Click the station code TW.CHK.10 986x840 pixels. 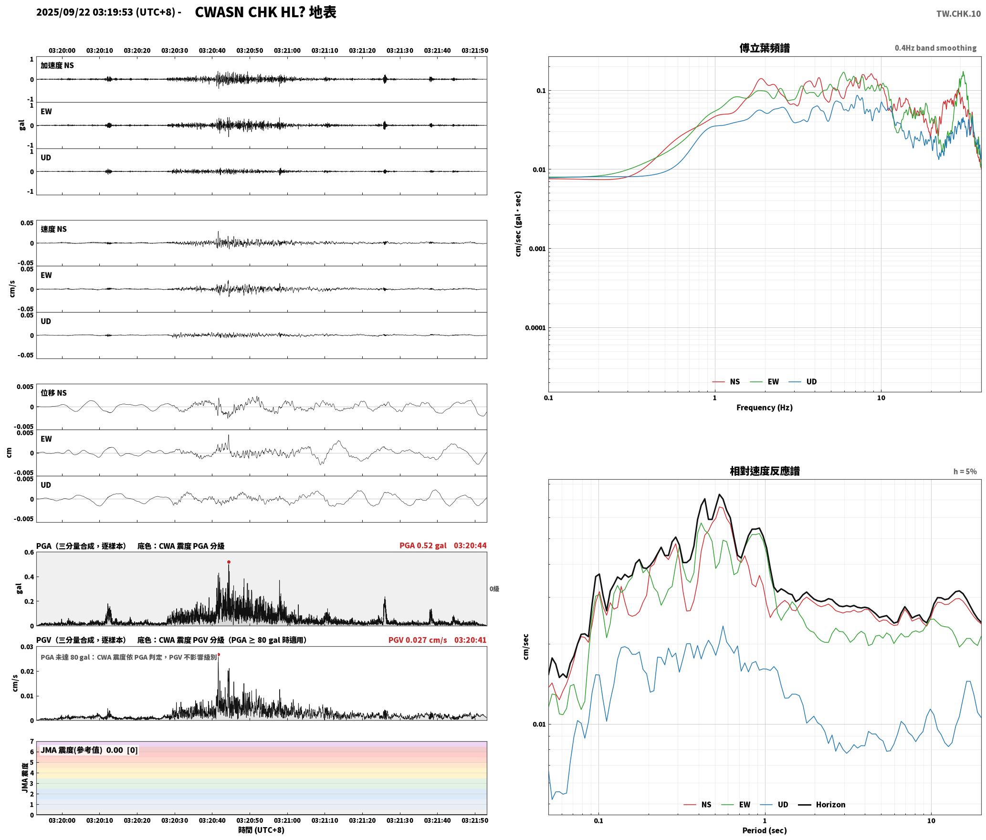click(x=958, y=13)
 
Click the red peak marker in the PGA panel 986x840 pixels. click(x=229, y=562)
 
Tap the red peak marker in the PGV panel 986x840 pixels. click(x=219, y=655)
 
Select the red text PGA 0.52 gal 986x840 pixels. click(x=423, y=546)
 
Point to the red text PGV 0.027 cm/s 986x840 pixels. click(x=418, y=640)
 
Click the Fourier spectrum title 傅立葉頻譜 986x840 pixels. click(x=764, y=48)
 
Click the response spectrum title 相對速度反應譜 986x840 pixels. click(x=765, y=471)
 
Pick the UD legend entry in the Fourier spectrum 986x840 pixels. click(x=803, y=382)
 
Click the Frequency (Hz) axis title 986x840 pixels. click(x=764, y=408)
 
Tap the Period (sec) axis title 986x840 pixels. click(x=764, y=830)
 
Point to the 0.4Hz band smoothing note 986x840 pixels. click(x=935, y=48)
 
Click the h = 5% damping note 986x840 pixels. click(x=965, y=472)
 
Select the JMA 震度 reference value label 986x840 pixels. click(x=89, y=750)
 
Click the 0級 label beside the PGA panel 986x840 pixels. click(x=494, y=589)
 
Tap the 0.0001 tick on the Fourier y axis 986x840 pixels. click(x=535, y=328)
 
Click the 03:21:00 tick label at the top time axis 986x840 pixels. click(x=287, y=51)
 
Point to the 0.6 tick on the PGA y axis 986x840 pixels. click(x=29, y=553)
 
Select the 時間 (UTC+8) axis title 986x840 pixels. click(x=262, y=830)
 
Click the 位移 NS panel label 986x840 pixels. click(x=53, y=393)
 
